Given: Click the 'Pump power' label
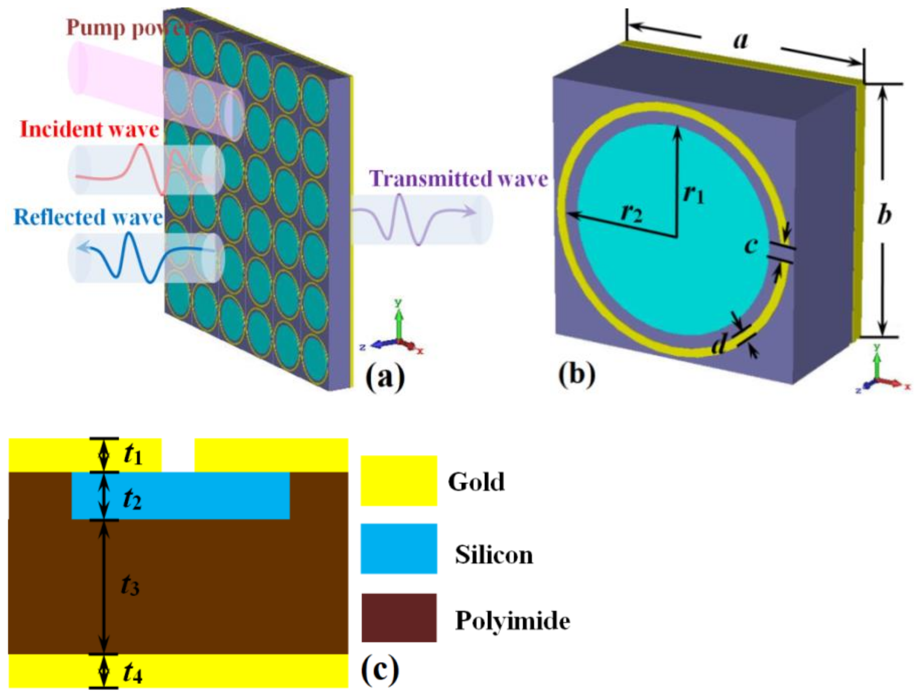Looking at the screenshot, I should tap(129, 28).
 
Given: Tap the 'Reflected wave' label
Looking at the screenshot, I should tap(88, 218).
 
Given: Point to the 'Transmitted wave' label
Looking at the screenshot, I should tap(458, 179).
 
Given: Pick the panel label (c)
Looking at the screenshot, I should tap(380, 669).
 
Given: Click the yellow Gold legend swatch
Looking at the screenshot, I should tap(398, 481).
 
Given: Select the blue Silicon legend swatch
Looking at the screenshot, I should tap(398, 549).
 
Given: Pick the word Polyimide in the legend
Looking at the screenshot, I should tap(512, 621).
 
